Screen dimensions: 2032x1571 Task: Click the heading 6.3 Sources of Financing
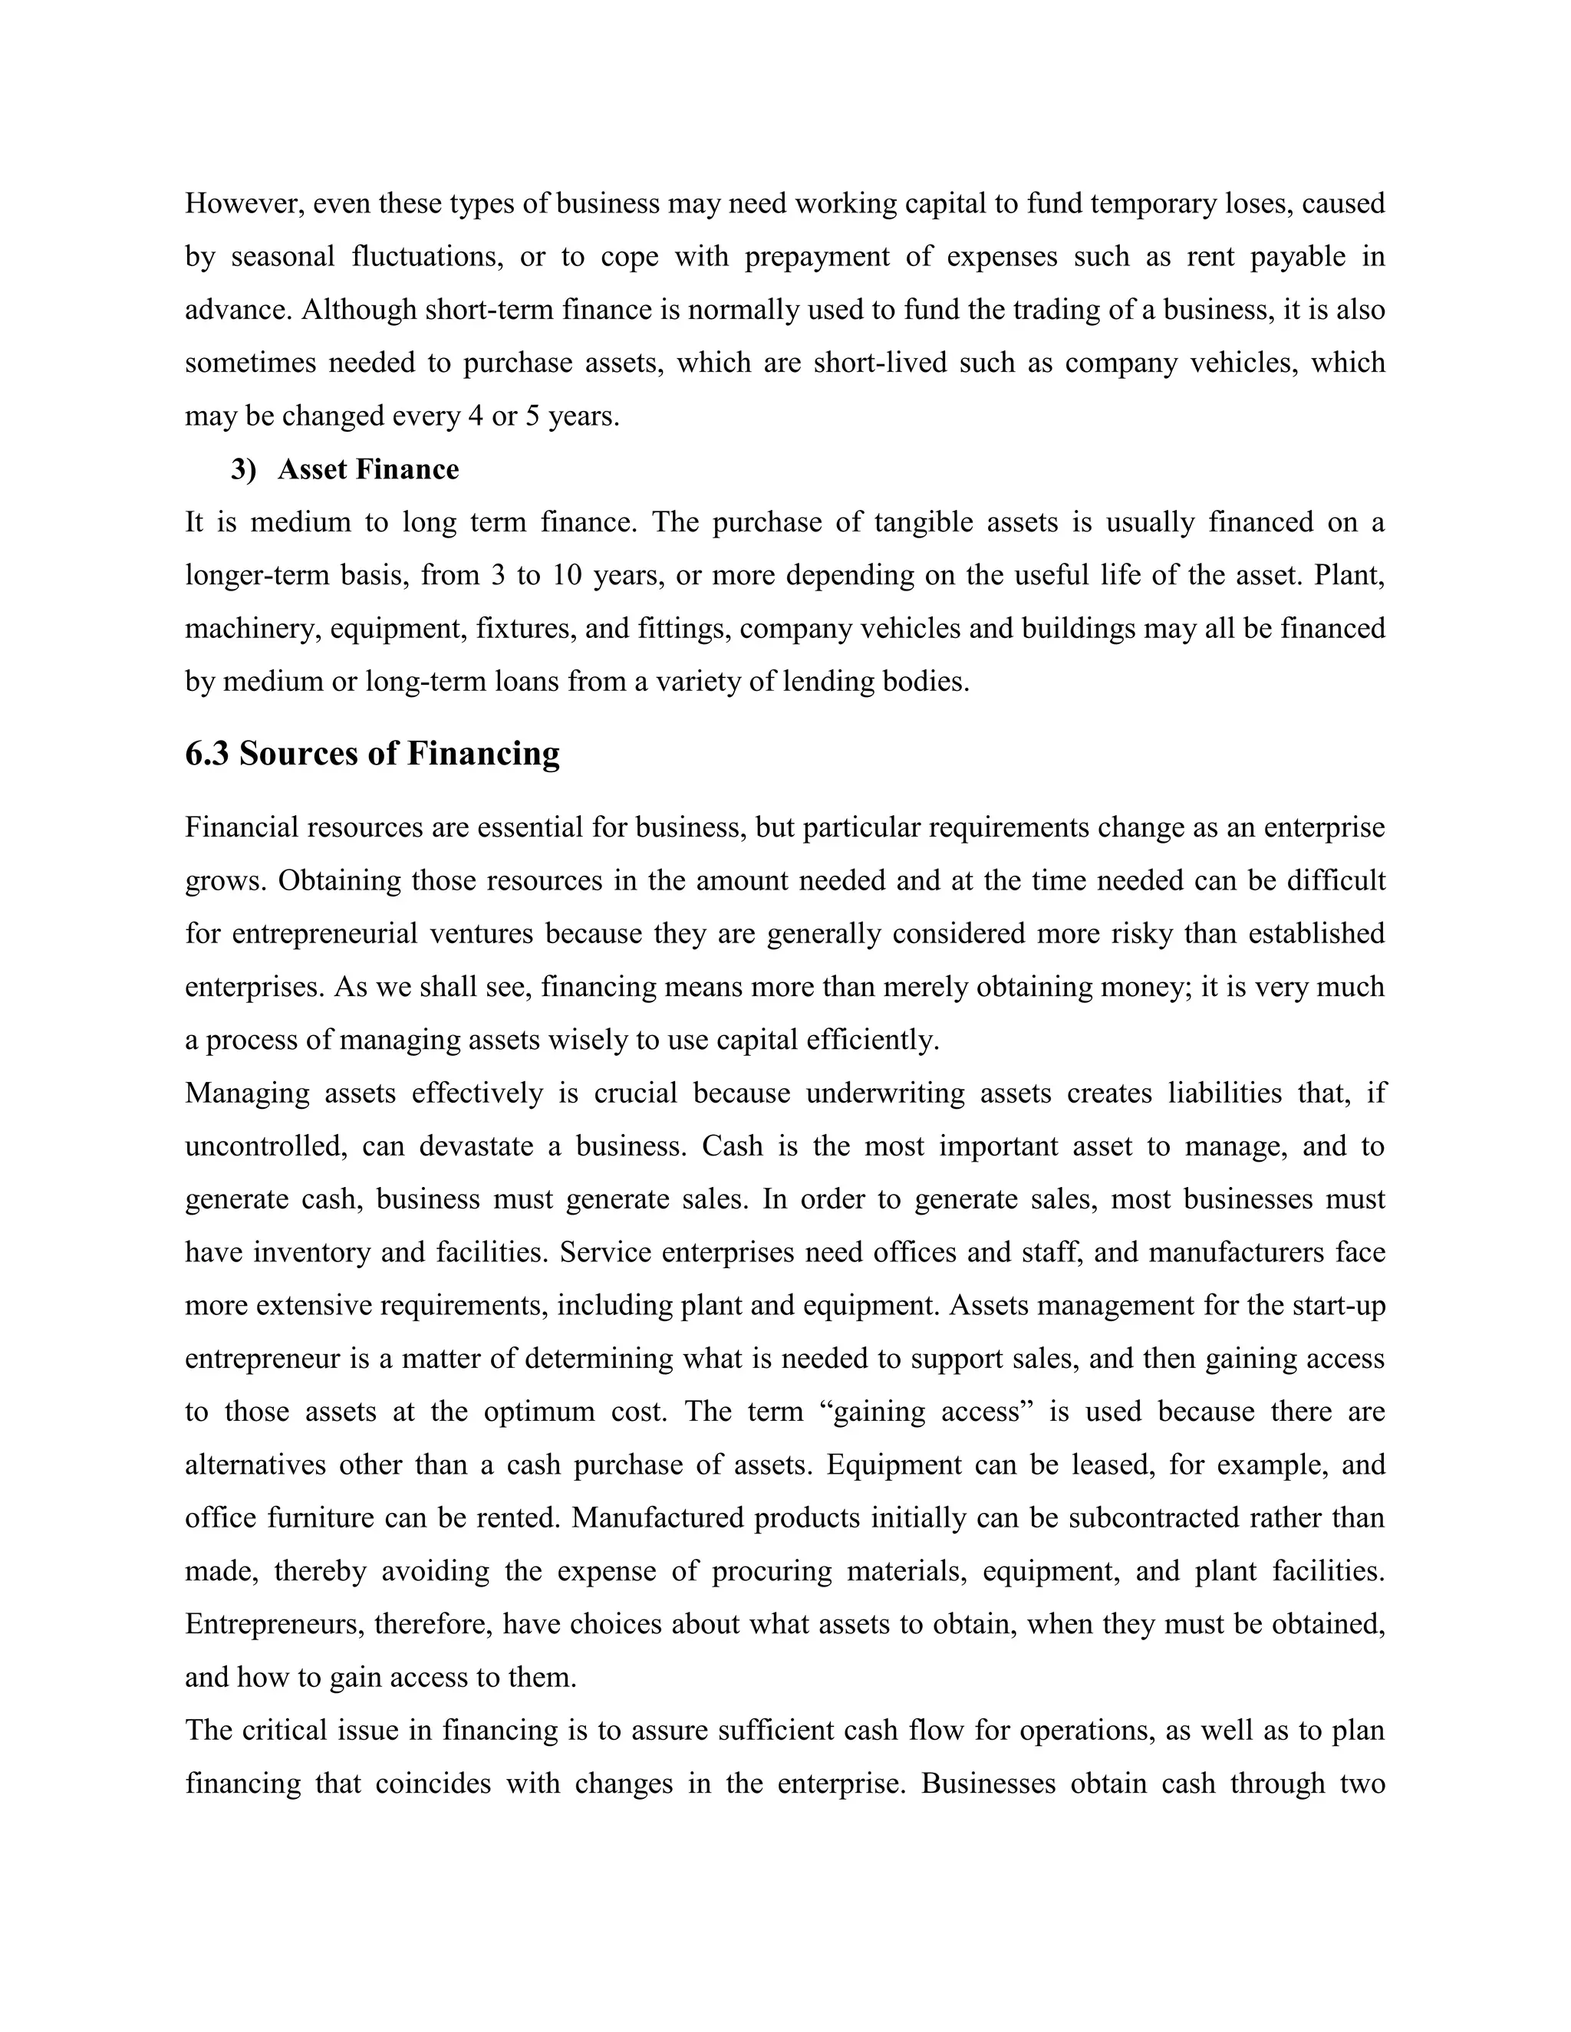click(372, 753)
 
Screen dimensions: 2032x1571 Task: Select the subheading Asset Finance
click(367, 469)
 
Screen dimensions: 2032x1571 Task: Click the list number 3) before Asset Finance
click(244, 469)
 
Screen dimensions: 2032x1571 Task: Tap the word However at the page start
click(244, 203)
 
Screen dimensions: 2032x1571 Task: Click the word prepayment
click(816, 256)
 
